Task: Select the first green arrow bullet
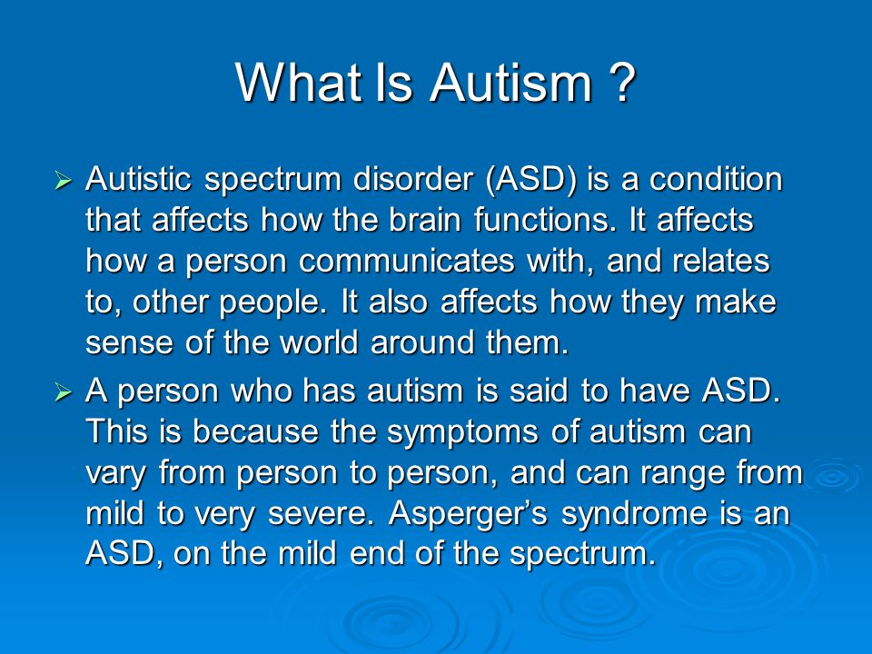pos(63,183)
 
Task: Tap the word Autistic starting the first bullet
pos(139,180)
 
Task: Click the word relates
pos(718,262)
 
